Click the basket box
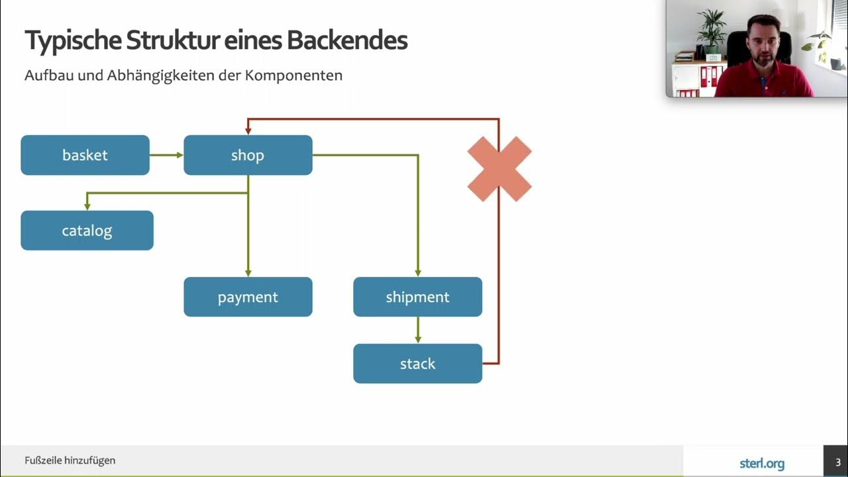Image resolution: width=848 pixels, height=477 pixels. (x=85, y=155)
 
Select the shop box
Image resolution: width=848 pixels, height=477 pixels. (x=248, y=155)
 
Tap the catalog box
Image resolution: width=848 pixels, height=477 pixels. (x=87, y=231)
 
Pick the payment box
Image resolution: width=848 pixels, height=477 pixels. (x=248, y=297)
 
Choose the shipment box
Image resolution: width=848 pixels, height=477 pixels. (x=417, y=297)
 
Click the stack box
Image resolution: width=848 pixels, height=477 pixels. (x=417, y=364)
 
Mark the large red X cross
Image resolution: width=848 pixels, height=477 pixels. (x=500, y=169)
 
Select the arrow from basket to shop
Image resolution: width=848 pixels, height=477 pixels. (x=166, y=155)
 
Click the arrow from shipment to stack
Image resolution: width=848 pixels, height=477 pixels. (x=417, y=330)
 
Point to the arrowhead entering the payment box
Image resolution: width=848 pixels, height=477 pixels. (x=248, y=272)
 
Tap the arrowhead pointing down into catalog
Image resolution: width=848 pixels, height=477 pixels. (x=87, y=206)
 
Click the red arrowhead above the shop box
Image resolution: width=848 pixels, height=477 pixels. (x=248, y=130)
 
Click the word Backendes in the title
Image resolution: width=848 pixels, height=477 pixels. (x=347, y=41)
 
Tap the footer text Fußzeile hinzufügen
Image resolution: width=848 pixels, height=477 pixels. (x=70, y=460)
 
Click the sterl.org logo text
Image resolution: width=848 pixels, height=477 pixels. (x=762, y=463)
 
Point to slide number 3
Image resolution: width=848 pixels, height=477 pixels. (x=837, y=462)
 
